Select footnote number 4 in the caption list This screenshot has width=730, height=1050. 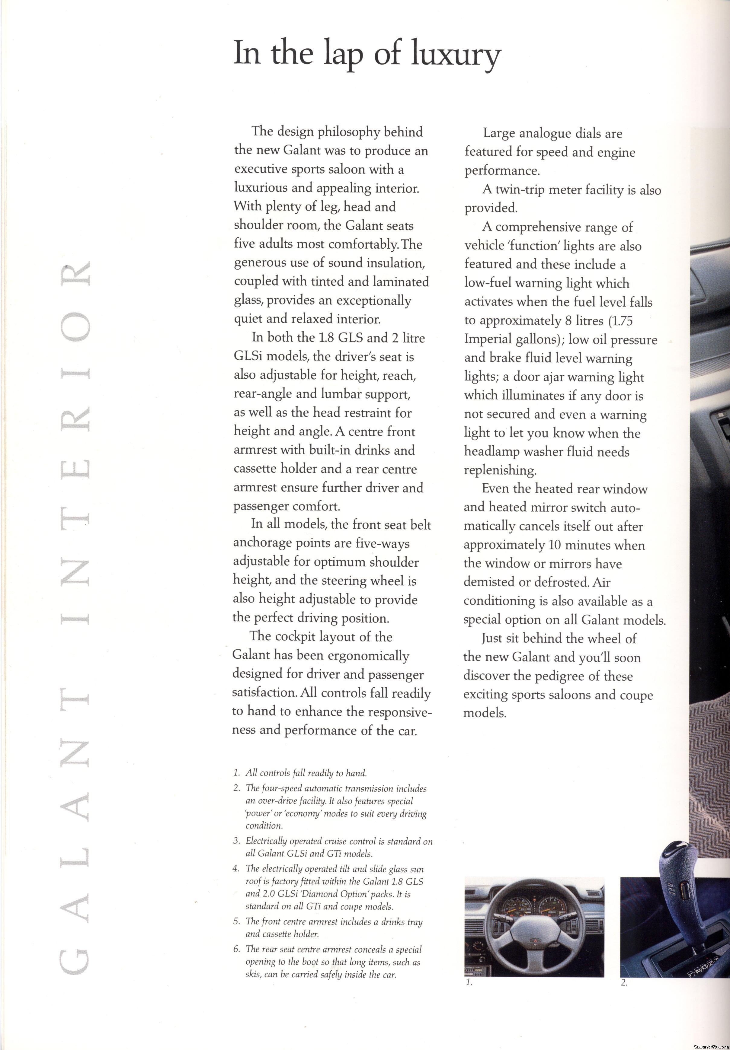236,869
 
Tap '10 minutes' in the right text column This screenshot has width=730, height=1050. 580,545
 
